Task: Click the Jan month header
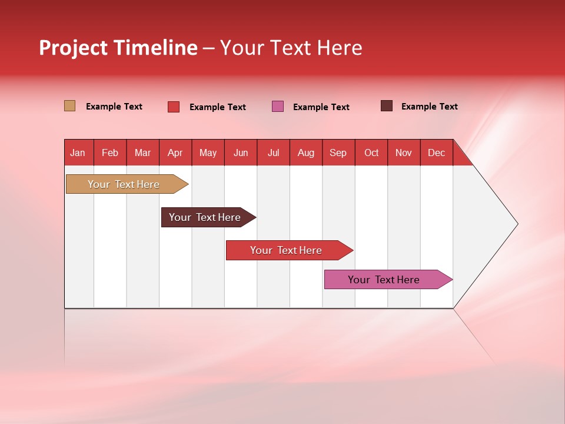(78, 153)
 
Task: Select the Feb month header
(110, 153)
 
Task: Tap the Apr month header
(175, 153)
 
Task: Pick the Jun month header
(241, 153)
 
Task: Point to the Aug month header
(305, 153)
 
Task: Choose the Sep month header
(338, 153)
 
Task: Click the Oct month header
(371, 153)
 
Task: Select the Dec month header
(436, 153)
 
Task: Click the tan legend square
(70, 106)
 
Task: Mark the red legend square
(174, 107)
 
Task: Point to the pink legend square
(278, 107)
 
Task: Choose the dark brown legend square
(387, 106)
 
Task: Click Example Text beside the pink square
(321, 107)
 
